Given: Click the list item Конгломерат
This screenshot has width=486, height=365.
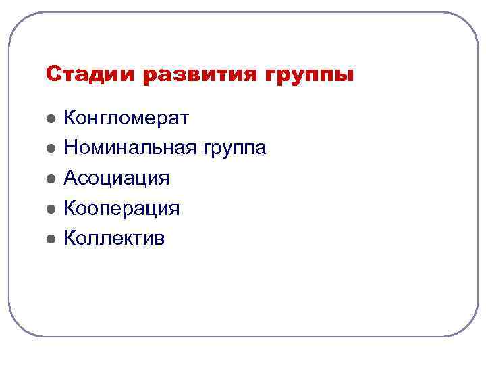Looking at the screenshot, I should click(x=126, y=118).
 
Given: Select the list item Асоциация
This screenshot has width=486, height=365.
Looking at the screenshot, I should click(x=116, y=178).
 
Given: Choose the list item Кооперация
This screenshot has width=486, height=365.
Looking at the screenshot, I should click(x=122, y=208).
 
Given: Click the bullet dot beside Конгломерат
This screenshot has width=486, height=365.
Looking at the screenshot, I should click(x=50, y=119).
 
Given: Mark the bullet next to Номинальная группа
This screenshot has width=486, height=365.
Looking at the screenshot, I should click(x=50, y=149).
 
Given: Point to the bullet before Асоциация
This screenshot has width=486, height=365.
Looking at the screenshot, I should click(x=50, y=178).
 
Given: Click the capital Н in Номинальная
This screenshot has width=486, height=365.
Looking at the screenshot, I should click(x=70, y=148).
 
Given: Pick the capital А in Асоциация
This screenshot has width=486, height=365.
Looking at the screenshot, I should click(x=70, y=178).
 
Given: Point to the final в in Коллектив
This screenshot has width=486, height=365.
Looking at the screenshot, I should click(x=159, y=239).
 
